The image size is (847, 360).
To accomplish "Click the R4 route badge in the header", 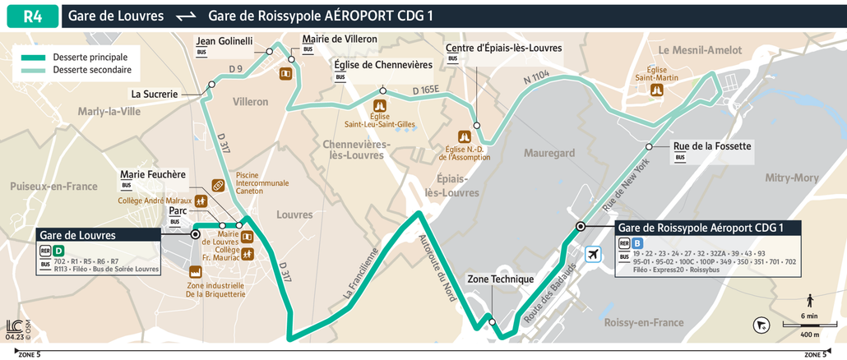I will click(30, 16).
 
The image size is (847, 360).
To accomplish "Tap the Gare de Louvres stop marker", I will click(196, 234).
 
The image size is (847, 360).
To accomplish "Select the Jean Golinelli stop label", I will click(224, 41).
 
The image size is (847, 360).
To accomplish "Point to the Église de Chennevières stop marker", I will click(382, 90).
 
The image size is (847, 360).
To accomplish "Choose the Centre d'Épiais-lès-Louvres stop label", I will click(504, 48).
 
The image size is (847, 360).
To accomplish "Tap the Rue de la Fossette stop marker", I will click(650, 146).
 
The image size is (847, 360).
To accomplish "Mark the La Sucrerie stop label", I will click(155, 94).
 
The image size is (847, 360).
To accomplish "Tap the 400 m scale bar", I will click(809, 326).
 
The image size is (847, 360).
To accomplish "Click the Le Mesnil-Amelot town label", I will click(700, 50).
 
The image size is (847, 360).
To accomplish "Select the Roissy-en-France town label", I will click(644, 322).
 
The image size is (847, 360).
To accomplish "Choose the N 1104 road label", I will click(536, 77).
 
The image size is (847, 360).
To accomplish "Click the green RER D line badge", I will click(58, 251).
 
